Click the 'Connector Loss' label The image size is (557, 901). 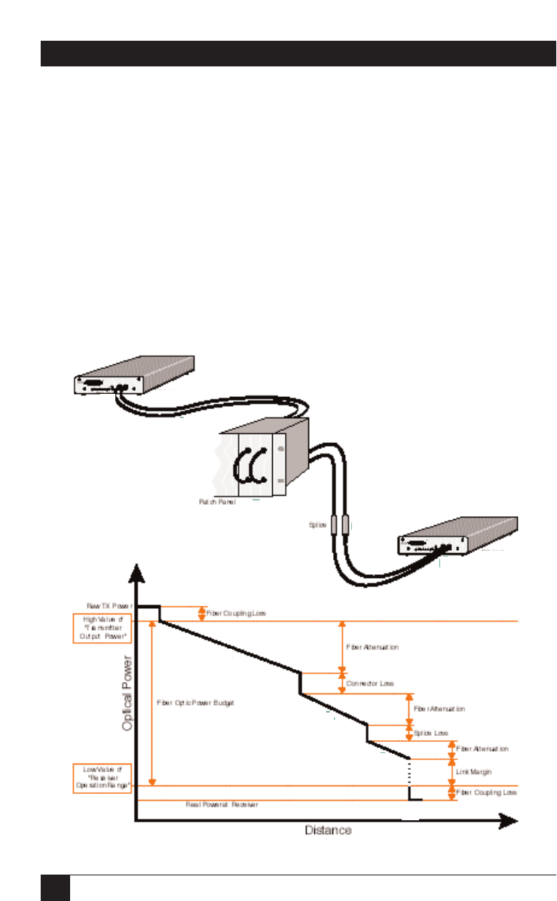[370, 683]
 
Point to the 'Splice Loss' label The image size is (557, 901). [431, 733]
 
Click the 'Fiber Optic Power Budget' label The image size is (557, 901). [195, 703]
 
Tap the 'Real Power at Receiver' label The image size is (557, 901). [222, 804]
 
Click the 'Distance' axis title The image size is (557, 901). [328, 831]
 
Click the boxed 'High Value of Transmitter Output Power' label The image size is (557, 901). [102, 628]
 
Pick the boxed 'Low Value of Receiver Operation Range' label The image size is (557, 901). [102, 777]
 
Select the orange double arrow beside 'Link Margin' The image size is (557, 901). [452, 772]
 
